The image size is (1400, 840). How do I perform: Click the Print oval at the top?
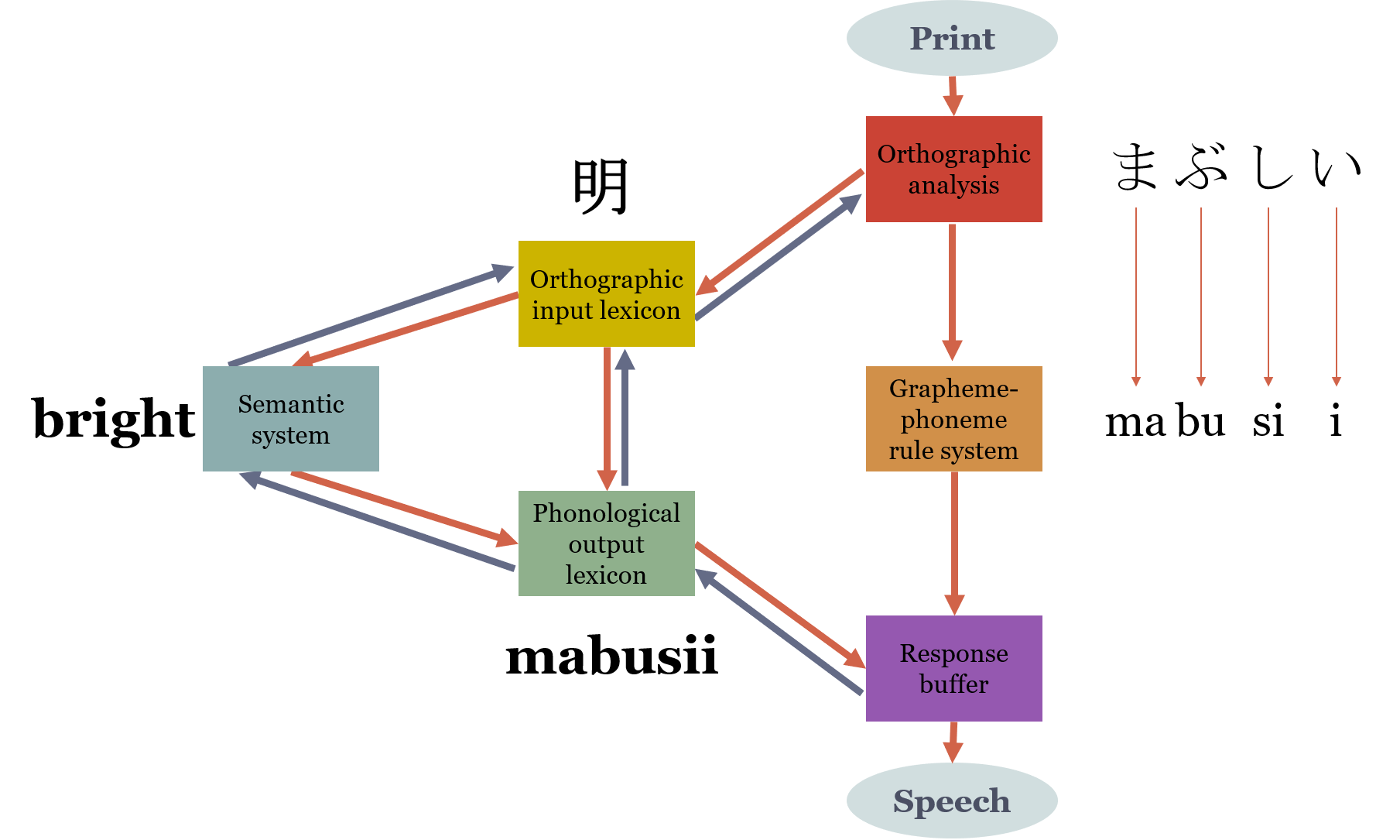[952, 39]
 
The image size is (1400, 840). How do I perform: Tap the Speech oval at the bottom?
[952, 801]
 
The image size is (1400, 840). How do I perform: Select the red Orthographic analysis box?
[953, 170]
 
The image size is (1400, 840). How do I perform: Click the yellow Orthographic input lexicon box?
[606, 294]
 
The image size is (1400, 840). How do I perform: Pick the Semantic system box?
[290, 419]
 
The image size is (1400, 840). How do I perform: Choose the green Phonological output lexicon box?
[606, 543]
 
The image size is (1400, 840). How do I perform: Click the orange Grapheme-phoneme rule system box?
[953, 419]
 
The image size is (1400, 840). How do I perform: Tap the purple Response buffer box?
[953, 668]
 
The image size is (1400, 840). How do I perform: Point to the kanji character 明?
[601, 187]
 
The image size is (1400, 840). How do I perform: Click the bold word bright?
[114, 419]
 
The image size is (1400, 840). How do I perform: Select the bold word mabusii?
[611, 657]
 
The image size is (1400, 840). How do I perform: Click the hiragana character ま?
[1135, 167]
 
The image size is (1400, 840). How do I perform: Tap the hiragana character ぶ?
[1202, 167]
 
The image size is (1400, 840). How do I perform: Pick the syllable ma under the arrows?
[1135, 422]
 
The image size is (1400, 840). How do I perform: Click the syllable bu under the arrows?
[1201, 422]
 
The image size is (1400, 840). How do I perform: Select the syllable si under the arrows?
[1268, 422]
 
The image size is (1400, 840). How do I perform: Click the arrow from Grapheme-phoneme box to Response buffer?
[954, 542]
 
